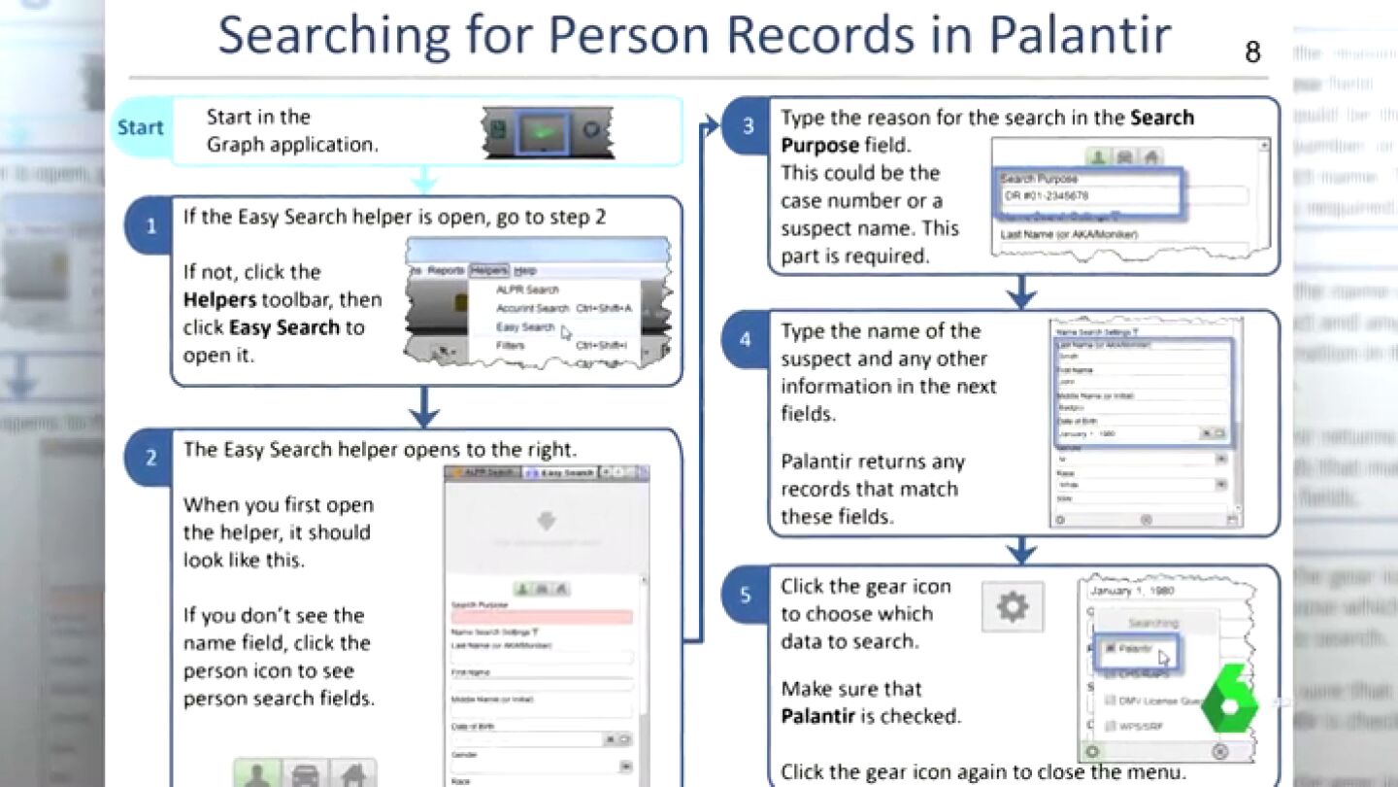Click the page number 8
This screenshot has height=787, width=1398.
(1252, 52)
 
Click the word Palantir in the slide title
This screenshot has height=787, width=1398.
(1079, 35)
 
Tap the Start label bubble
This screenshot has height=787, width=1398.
(141, 127)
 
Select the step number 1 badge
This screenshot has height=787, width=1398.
(150, 226)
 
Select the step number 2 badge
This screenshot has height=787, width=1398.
(150, 458)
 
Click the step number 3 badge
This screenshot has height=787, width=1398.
(748, 125)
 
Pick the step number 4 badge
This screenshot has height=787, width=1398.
(746, 339)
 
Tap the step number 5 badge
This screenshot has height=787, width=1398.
(746, 594)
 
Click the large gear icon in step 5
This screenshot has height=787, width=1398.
(1012, 607)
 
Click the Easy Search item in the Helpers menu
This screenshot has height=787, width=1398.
(525, 327)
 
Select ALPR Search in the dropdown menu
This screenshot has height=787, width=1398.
(527, 290)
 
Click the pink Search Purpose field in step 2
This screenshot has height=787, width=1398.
(542, 617)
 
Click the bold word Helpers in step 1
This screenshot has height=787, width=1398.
(219, 300)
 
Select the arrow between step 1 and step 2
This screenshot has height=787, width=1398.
(424, 407)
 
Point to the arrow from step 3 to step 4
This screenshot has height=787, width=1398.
(1021, 291)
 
